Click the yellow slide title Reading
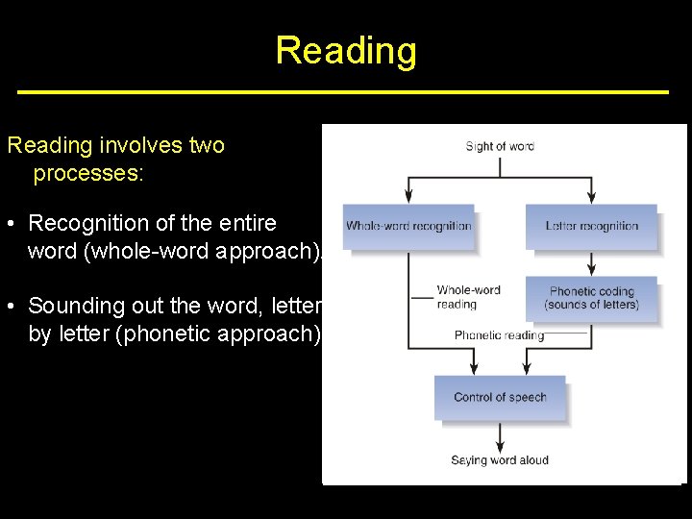coord(346,50)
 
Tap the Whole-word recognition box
coord(408,227)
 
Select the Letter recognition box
coord(591,227)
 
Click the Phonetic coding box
coord(591,298)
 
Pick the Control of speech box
coord(500,397)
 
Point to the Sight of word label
coord(500,146)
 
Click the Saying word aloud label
coord(500,460)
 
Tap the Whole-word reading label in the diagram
coord(468,297)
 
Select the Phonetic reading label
coord(499,335)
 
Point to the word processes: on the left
coord(87,174)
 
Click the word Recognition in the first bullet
coord(86,223)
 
